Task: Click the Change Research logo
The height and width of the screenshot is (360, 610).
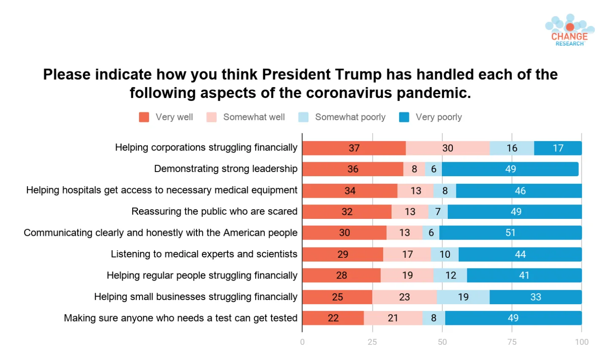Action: [570, 30]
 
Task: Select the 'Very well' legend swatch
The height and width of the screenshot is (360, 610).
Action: [144, 117]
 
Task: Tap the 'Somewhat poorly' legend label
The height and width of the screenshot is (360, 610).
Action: [350, 117]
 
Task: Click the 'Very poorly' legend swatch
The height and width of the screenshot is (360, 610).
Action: [404, 117]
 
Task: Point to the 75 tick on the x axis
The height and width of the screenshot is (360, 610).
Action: [512, 342]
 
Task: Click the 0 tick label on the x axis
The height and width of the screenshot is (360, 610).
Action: [302, 342]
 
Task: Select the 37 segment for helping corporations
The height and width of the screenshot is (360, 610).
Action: [354, 148]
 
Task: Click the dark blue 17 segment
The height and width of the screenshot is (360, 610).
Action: [558, 148]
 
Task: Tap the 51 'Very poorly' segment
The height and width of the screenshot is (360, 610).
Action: [511, 232]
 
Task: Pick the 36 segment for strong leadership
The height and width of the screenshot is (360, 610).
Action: [353, 169]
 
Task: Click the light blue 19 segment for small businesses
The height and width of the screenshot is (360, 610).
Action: [463, 297]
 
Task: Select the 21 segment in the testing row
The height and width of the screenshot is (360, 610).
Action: [393, 318]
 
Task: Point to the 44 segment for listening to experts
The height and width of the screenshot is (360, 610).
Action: [520, 254]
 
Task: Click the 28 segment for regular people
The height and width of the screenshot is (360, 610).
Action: [341, 275]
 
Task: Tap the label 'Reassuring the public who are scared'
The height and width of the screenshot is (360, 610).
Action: [214, 211]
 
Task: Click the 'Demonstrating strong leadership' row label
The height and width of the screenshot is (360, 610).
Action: [226, 169]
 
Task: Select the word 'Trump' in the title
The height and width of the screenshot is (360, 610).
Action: [358, 74]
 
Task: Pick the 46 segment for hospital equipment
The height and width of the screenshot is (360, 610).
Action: [519, 191]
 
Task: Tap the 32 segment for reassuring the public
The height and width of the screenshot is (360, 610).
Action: [347, 212]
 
